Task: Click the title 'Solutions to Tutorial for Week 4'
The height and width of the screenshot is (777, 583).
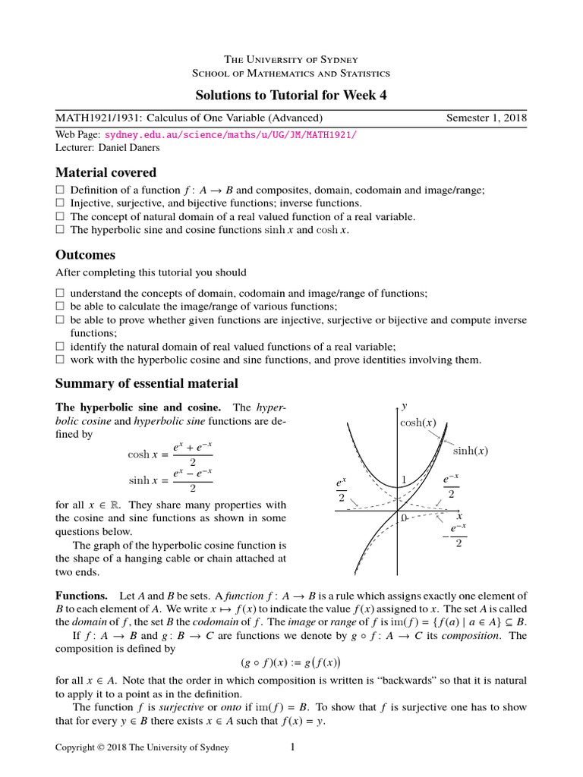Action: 291,95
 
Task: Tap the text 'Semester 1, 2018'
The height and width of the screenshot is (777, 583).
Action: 485,118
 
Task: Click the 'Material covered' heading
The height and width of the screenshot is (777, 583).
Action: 106,172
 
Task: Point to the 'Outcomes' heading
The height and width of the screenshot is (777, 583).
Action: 86,254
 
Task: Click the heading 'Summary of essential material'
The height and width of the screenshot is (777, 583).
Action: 147,383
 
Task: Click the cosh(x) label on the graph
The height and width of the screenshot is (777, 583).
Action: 418,423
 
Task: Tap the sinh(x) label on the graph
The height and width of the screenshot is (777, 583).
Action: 470,451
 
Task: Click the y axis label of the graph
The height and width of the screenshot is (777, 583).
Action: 404,407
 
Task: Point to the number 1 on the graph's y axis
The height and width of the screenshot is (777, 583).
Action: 404,479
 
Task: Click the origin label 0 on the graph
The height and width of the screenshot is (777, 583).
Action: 404,517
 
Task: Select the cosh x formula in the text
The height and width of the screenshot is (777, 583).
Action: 170,454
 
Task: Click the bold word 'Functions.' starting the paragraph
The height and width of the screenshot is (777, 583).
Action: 81,596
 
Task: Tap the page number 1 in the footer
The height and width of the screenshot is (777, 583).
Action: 291,748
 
